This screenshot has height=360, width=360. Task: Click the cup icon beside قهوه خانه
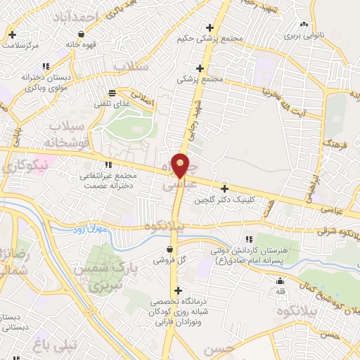click(x=82, y=33)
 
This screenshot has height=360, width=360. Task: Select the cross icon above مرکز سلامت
click(x=13, y=34)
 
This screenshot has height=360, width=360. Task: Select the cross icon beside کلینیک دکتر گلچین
click(x=224, y=188)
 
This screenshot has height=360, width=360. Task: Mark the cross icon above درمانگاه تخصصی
click(x=178, y=290)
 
